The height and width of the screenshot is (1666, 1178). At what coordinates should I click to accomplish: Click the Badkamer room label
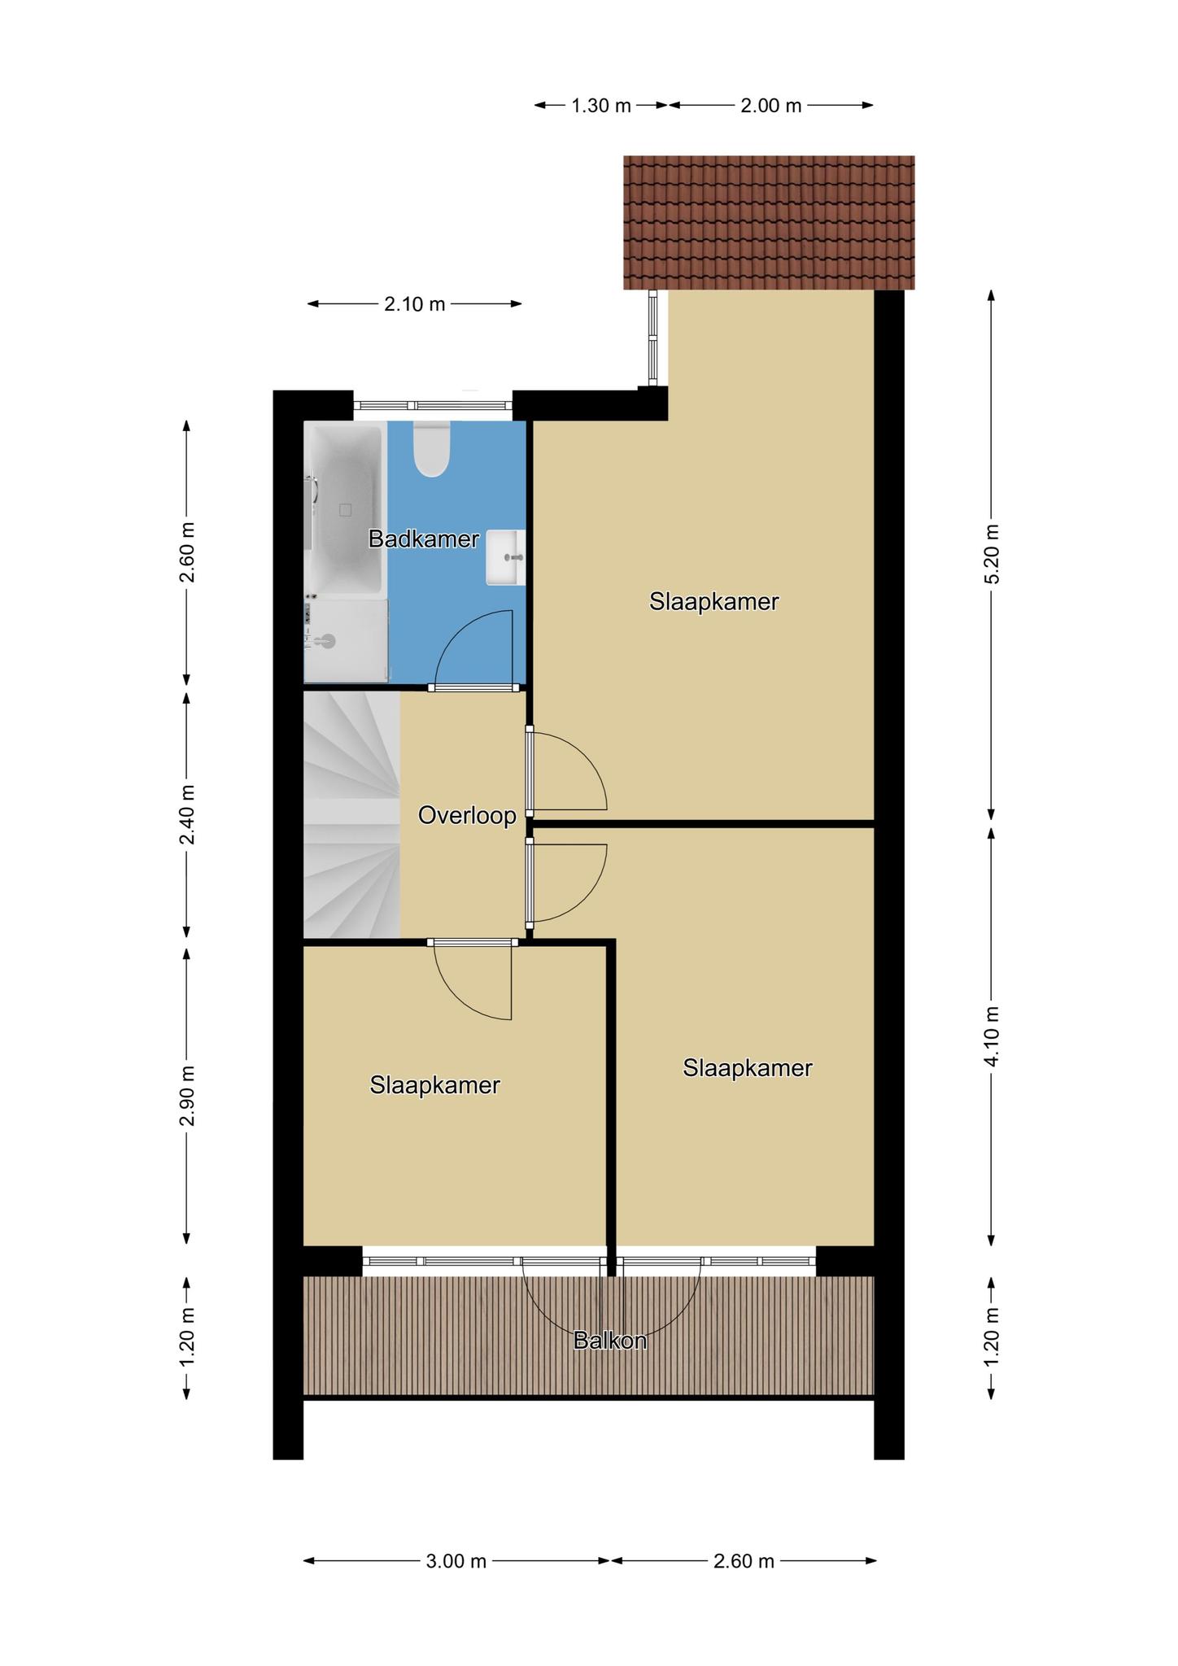pos(423,539)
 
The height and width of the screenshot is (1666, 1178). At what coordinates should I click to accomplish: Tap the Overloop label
pos(467,815)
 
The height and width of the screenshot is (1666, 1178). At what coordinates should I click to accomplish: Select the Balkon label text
pos(609,1341)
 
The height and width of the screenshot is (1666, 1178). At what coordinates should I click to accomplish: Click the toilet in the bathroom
pos(431,448)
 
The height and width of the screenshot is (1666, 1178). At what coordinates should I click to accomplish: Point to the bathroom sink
pos(505,557)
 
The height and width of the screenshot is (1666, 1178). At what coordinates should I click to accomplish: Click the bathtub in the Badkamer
pos(344,511)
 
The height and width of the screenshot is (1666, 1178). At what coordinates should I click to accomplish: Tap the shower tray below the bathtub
pos(345,642)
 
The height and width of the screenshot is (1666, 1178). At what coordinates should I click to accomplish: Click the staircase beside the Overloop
pos(351,814)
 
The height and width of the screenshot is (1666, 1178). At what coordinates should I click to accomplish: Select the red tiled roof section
pos(769,222)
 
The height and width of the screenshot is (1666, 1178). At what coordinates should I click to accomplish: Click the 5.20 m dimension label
pos(992,553)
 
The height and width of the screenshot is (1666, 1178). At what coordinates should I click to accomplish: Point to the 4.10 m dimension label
pos(992,1036)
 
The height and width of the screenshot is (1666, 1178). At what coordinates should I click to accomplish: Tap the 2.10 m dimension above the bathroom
pos(415,304)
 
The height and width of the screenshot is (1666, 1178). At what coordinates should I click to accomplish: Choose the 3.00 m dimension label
pos(456,1560)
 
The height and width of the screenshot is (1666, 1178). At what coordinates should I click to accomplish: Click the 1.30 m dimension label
pos(601,106)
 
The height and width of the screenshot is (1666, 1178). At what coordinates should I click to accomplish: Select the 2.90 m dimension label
pos(188,1096)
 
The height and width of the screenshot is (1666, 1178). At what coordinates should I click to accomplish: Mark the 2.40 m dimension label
pos(188,814)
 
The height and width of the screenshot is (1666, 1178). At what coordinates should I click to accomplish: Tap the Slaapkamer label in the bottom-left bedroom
pos(434,1085)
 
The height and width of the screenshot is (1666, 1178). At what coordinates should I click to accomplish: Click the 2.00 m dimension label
pos(770,106)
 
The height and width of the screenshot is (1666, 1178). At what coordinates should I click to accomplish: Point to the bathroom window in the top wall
pos(433,405)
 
